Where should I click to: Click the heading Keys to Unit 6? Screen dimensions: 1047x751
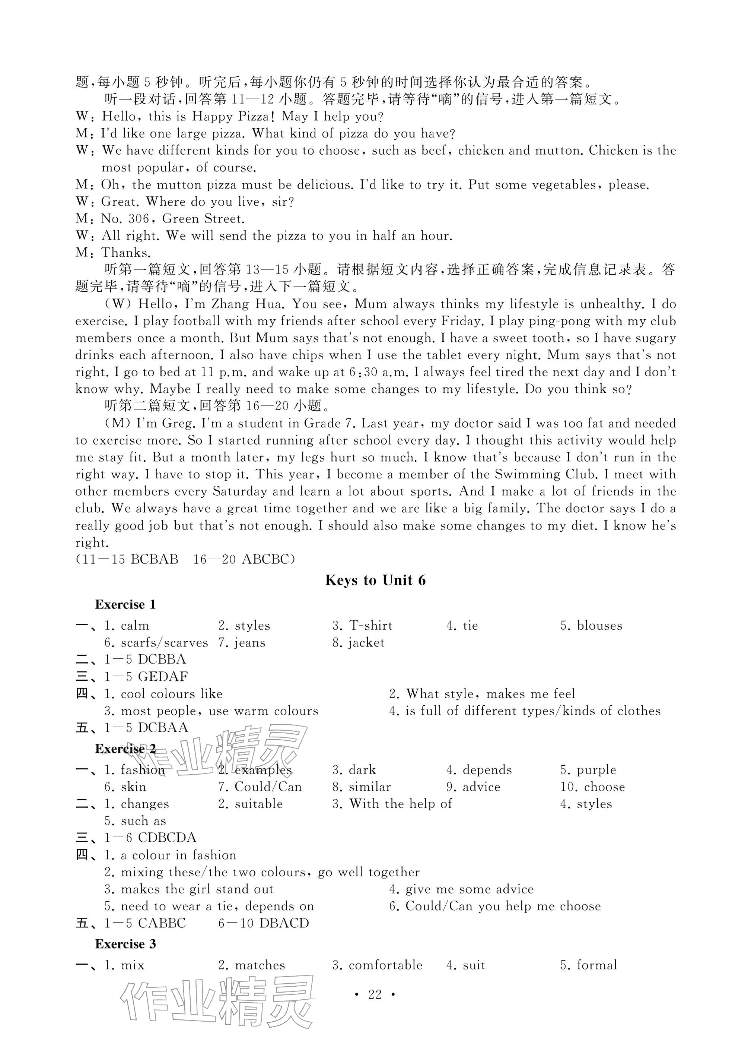tap(375, 580)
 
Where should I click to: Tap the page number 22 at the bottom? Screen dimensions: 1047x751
tap(375, 994)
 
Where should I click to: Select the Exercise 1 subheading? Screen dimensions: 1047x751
tap(125, 605)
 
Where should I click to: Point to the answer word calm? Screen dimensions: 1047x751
tap(135, 626)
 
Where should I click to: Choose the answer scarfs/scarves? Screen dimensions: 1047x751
tap(164, 643)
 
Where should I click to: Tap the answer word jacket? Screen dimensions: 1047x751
tap(366, 643)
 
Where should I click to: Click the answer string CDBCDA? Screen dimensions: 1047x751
tap(167, 838)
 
